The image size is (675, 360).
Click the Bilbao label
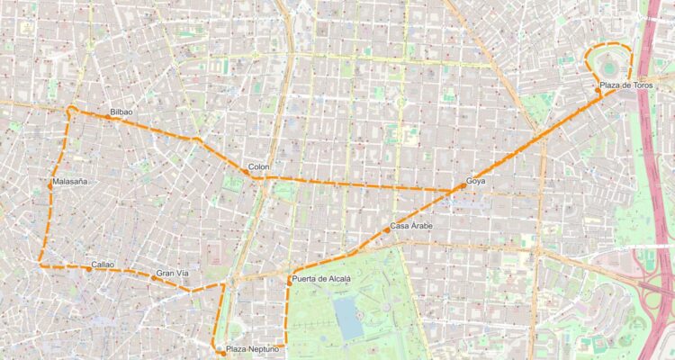click(121, 112)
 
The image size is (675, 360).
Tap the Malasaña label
click(70, 182)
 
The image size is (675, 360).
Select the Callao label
click(103, 265)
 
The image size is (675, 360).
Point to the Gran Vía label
click(172, 273)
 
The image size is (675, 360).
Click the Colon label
click(258, 167)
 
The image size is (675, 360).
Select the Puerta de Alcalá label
click(321, 280)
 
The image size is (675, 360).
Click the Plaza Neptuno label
click(253, 348)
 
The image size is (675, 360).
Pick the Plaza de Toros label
click(626, 85)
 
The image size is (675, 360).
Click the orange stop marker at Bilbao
click(107, 116)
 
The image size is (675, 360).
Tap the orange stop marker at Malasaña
click(52, 185)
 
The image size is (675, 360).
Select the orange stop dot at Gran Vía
click(154, 277)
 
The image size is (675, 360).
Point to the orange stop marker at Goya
click(463, 185)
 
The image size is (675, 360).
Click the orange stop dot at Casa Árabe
click(387, 229)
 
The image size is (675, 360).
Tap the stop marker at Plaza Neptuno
click(221, 352)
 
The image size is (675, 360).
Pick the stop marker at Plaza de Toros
click(598, 90)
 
